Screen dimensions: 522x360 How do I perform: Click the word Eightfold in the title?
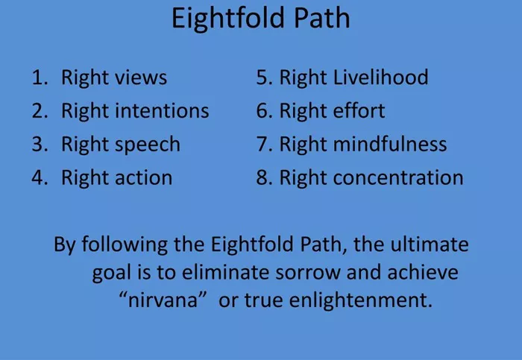[228, 19]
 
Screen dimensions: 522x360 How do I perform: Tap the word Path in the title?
[322, 18]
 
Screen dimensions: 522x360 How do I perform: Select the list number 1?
[40, 78]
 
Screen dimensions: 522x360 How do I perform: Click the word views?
[140, 78]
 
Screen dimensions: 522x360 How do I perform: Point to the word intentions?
[162, 111]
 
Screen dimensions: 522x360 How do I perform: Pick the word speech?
[147, 145]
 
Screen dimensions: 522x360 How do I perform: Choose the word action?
[143, 177]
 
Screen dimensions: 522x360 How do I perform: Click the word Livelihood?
[380, 78]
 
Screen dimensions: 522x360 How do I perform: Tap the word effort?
[359, 110]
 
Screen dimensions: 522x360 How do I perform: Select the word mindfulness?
[390, 144]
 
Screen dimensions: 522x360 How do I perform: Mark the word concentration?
[398, 177]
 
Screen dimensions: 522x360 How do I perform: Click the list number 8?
[264, 177]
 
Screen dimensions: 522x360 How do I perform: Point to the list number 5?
[264, 78]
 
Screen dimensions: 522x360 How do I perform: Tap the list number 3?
[40, 144]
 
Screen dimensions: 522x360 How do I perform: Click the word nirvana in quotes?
[163, 300]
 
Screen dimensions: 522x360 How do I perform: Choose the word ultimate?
[430, 244]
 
